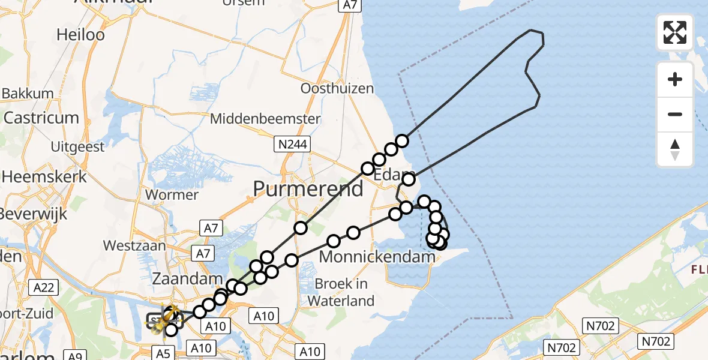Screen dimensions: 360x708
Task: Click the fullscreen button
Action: tap(675, 32)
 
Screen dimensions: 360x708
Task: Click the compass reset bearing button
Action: tap(675, 149)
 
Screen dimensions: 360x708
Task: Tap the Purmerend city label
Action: tap(308, 189)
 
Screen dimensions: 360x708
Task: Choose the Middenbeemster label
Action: tap(265, 119)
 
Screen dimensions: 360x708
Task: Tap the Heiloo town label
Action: tap(80, 35)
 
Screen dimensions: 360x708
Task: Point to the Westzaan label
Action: tap(130, 245)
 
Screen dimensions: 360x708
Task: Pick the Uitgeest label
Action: tap(77, 146)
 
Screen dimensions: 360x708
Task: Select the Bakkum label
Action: tap(28, 94)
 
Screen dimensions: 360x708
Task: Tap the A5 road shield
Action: tap(163, 353)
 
